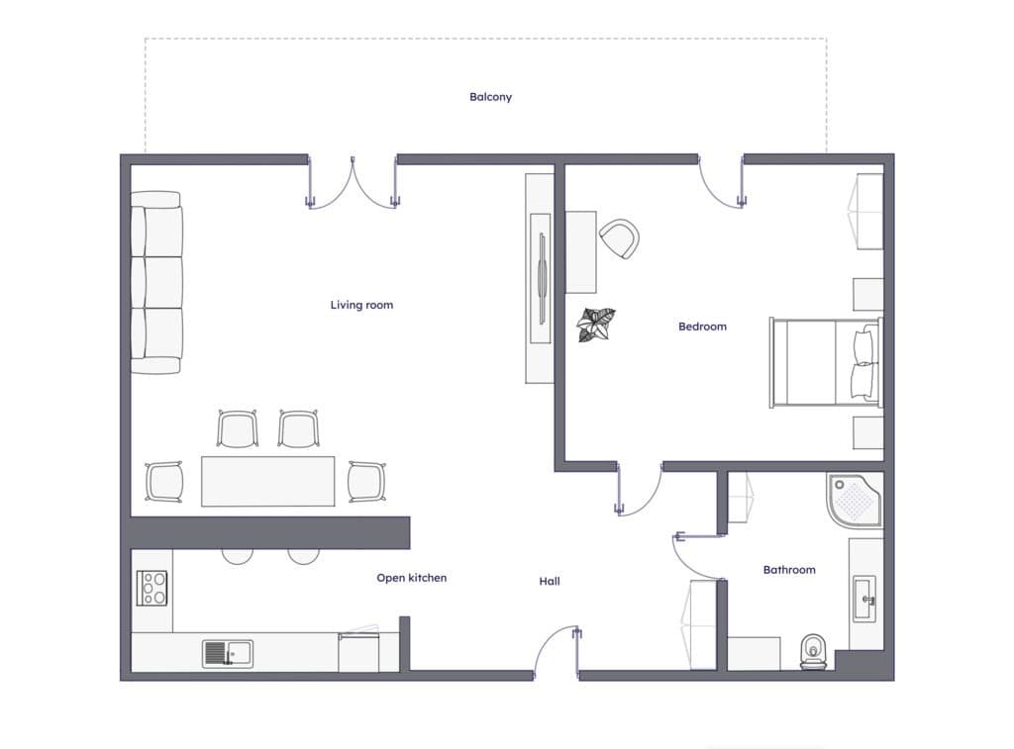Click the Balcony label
[x=490, y=97]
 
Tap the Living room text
[x=361, y=305]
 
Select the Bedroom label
[x=702, y=327]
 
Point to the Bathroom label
[x=789, y=569]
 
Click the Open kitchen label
[x=411, y=578]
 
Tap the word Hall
[x=549, y=581]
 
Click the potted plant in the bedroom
[x=595, y=325]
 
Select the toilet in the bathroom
[x=813, y=651]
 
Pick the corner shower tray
[x=854, y=502]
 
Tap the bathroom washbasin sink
[x=864, y=599]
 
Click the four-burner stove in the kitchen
[x=152, y=588]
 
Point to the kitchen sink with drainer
[x=228, y=653]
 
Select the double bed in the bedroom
[x=826, y=362]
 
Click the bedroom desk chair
[x=620, y=238]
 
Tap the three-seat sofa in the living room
[x=156, y=282]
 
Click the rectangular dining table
[x=267, y=481]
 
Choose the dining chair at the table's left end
[x=164, y=482]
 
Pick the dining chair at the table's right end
[x=366, y=482]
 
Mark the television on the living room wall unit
[x=542, y=278]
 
